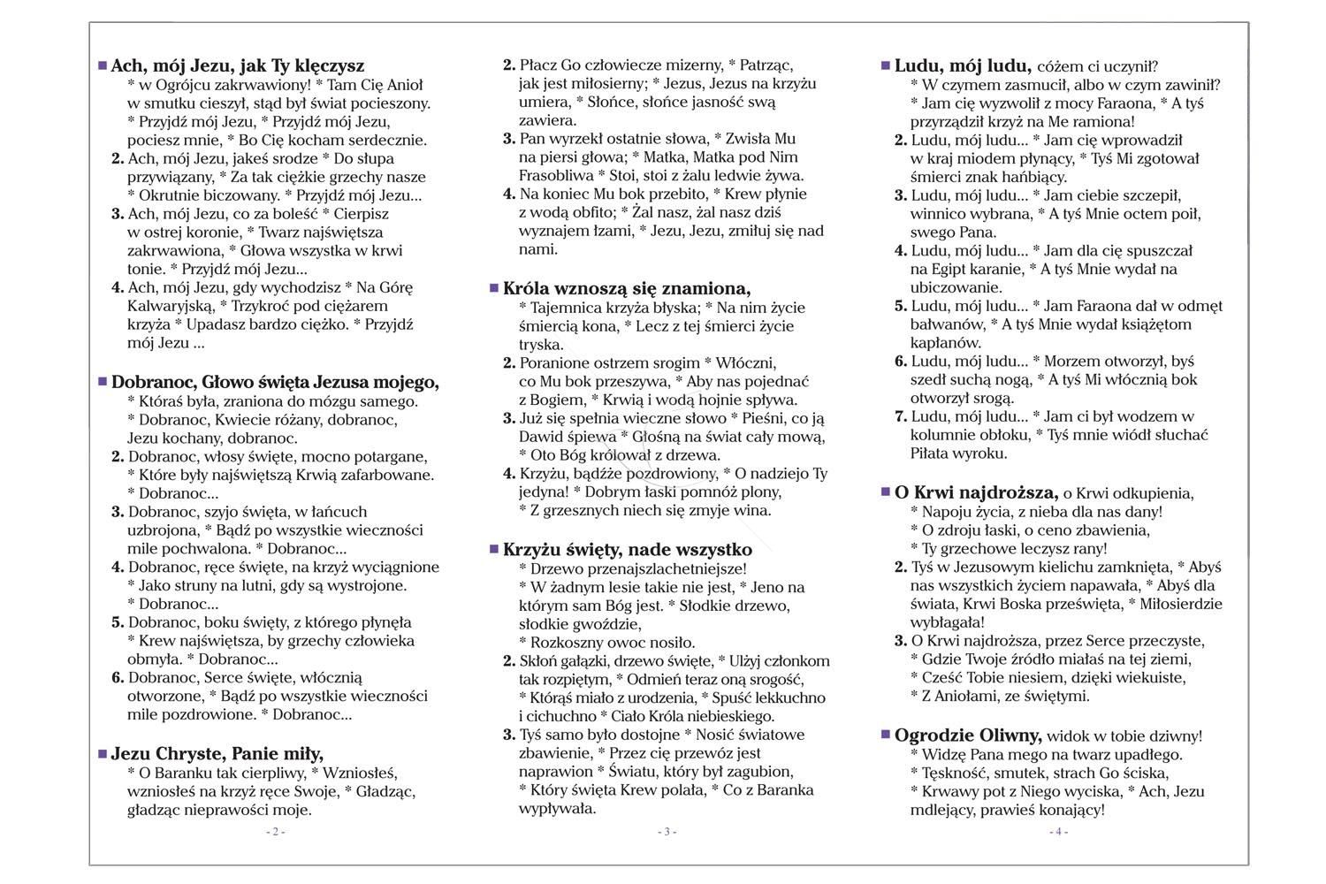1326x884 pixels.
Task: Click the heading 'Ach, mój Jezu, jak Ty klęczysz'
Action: pos(237,65)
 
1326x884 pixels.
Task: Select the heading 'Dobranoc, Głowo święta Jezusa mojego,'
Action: pos(275,382)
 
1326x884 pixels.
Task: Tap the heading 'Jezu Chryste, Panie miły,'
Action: pos(217,753)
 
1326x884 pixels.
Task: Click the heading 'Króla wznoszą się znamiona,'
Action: pos(627,288)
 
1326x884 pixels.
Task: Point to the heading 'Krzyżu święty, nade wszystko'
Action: pos(628,549)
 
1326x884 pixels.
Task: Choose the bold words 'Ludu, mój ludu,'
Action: pos(964,65)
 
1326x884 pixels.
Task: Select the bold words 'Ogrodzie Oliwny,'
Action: pos(968,735)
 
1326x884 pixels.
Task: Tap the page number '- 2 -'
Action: pos(275,832)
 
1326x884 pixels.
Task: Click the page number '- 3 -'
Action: pos(667,832)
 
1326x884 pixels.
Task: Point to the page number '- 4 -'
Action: pos(1058,832)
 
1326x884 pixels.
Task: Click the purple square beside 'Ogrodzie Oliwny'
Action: pos(886,734)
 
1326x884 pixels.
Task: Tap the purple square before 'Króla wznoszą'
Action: pos(494,287)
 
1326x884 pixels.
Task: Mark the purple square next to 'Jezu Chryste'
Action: pos(103,753)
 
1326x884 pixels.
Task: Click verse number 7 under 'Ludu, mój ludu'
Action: pos(902,416)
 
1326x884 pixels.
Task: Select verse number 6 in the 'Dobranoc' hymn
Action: pos(118,678)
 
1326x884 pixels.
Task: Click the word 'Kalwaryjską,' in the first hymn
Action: pos(171,306)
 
